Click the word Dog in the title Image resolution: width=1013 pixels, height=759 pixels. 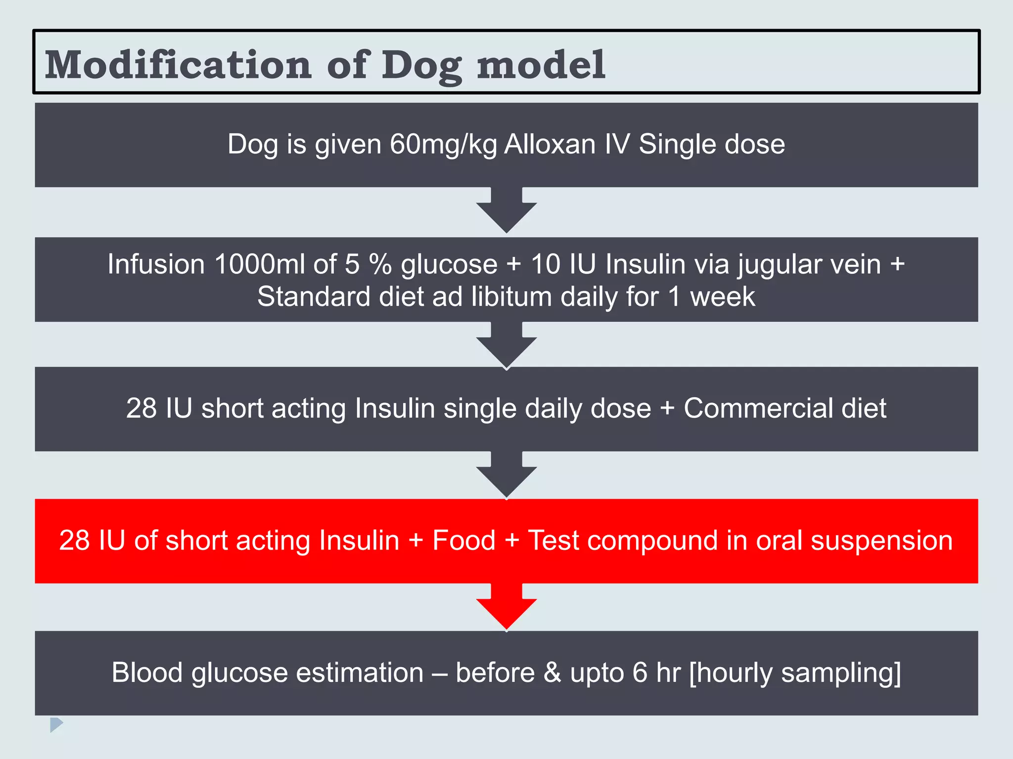point(422,66)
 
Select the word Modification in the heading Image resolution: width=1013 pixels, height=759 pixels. point(178,65)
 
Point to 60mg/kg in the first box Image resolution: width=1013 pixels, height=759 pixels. point(443,144)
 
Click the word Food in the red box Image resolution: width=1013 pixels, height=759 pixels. point(463,540)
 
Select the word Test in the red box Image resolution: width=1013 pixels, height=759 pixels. point(553,540)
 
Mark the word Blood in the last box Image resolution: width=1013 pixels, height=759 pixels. point(147,673)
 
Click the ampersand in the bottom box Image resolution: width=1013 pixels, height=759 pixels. point(552,673)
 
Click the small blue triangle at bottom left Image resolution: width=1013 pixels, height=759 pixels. point(56,724)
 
